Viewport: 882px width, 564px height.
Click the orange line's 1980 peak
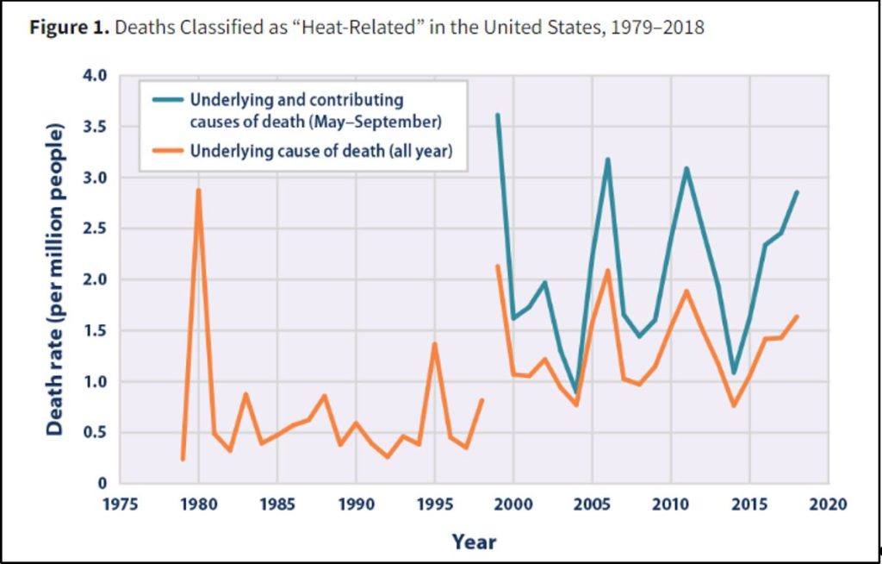point(198,191)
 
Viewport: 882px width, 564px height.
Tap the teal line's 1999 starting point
point(497,115)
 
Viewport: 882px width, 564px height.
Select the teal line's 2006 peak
point(607,160)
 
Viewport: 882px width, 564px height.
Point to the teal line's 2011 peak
point(686,169)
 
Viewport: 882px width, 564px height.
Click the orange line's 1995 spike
point(435,344)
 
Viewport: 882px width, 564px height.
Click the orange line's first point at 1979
point(183,459)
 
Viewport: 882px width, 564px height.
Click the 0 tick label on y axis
point(102,483)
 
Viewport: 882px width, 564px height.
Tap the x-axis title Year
point(474,542)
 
